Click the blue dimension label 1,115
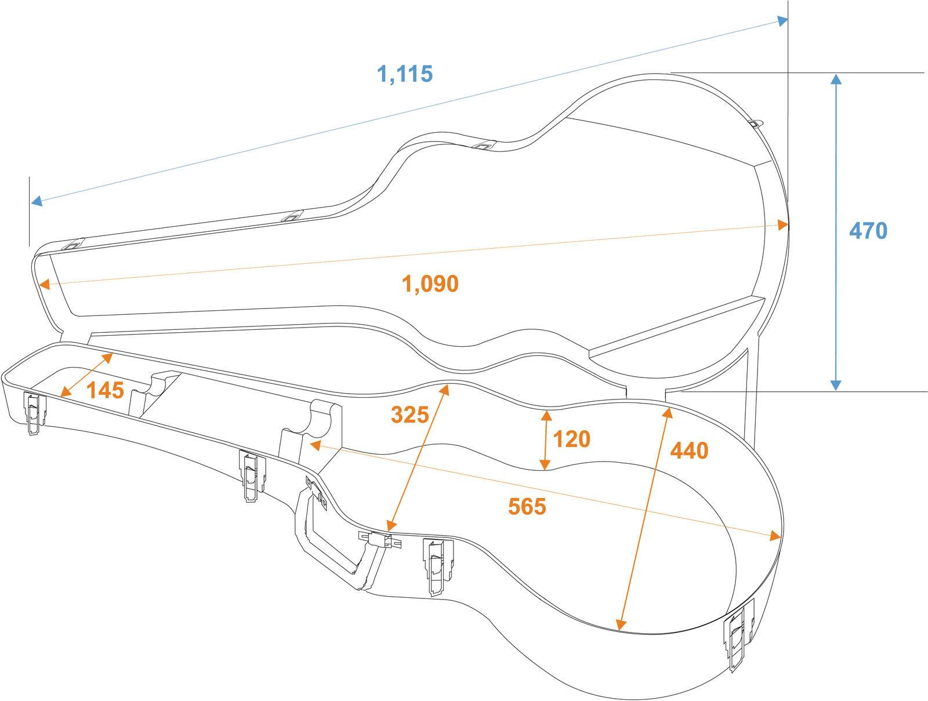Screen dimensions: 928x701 (405, 74)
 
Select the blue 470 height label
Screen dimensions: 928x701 (868, 231)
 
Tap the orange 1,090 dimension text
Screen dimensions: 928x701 (430, 284)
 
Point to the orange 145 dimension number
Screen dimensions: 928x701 (106, 390)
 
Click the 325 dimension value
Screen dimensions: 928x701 (409, 415)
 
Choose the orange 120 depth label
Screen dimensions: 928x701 (572, 439)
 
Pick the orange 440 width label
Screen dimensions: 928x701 (689, 451)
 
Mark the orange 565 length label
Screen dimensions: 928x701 (527, 507)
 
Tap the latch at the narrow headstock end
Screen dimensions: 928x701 (35, 413)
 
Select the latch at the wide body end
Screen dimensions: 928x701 (738, 635)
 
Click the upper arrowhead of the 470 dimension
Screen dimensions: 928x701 (836, 79)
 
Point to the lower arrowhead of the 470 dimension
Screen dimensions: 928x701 (836, 385)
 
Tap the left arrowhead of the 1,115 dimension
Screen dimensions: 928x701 (37, 201)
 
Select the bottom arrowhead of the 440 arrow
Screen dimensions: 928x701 (620, 624)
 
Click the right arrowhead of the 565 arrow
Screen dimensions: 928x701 (775, 536)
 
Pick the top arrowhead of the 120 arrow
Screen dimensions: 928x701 (546, 416)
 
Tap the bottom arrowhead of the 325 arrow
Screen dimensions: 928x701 (391, 525)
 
